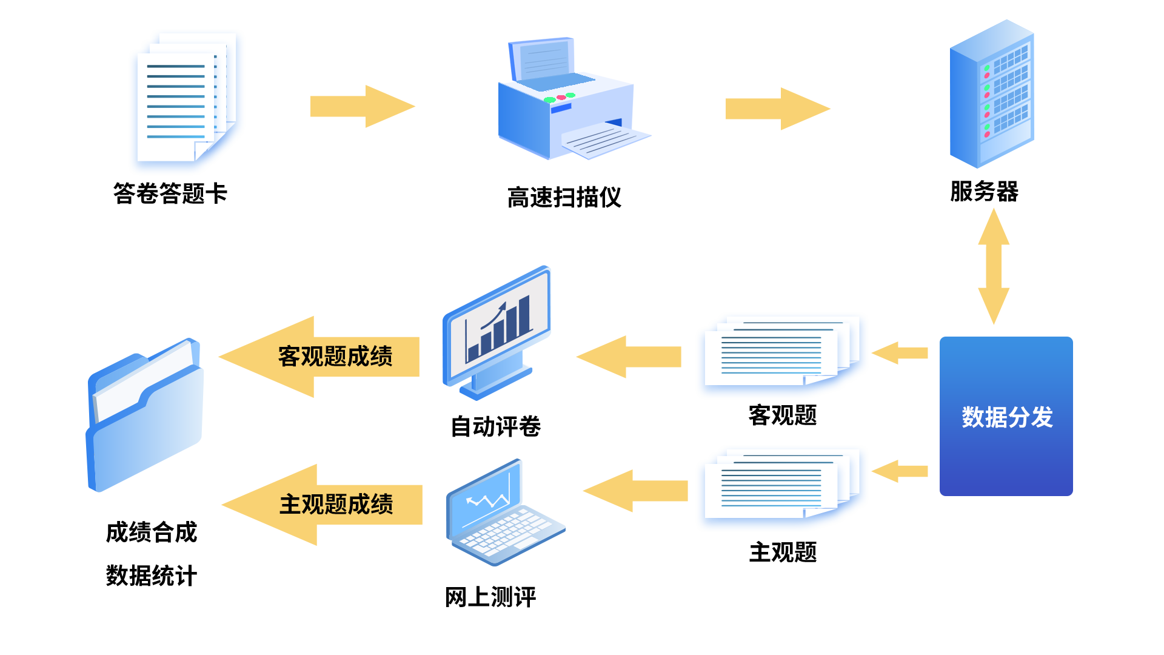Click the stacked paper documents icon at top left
point(187,102)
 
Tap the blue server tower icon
point(992,95)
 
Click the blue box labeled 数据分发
point(1006,417)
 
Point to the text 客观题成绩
point(335,357)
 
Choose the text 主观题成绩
point(336,505)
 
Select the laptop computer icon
point(506,512)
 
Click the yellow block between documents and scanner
point(363,106)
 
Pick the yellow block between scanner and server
point(778,109)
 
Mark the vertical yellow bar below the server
point(994,266)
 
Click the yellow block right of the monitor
point(628,357)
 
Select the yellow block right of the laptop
point(635,491)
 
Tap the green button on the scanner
point(549,100)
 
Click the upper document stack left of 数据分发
point(782,355)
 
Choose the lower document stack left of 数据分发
point(782,489)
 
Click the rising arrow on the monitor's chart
point(493,316)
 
